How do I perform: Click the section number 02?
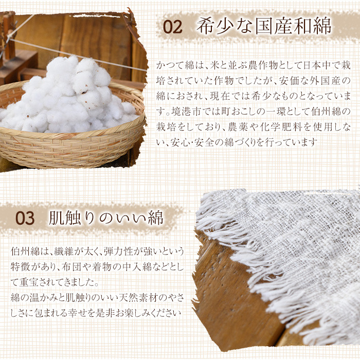click(x=173, y=27)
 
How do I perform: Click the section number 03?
click(x=25, y=218)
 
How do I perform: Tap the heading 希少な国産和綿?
click(x=264, y=26)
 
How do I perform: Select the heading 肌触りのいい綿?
click(x=106, y=218)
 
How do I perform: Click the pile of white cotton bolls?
click(x=69, y=97)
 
